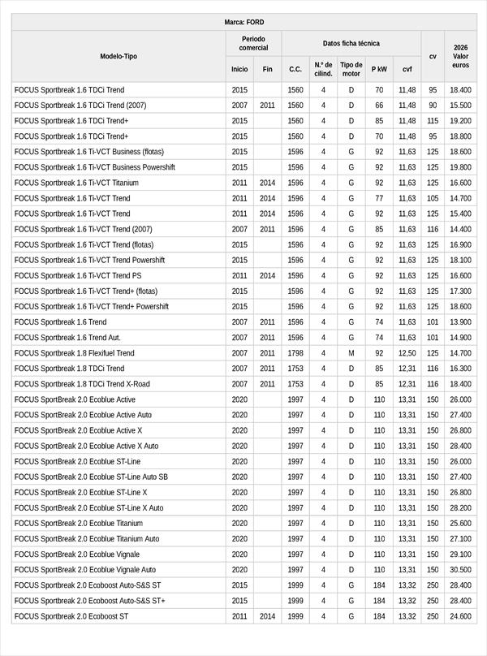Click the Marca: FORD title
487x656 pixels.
tap(243, 22)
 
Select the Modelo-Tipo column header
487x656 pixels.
tap(119, 57)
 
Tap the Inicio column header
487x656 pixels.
tap(239, 70)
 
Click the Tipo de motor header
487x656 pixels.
tap(351, 69)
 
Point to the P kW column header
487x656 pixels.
tap(379, 70)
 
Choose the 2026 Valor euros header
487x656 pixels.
tap(460, 57)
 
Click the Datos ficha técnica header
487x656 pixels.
tap(351, 43)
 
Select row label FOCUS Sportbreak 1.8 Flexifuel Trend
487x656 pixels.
tap(75, 353)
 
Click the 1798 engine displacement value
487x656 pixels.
tap(295, 353)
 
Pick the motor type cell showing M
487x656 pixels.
tap(351, 353)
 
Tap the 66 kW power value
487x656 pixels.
tap(379, 106)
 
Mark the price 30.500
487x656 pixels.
tap(460, 570)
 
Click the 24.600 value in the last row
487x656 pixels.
tap(460, 616)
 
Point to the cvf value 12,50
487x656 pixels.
tap(407, 353)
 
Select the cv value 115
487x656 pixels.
tap(433, 121)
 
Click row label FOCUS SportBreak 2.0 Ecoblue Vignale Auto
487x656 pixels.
tap(85, 570)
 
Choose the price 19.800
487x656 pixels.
tap(460, 167)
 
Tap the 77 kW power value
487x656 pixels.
tap(379, 198)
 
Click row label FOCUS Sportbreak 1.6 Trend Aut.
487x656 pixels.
tap(63, 338)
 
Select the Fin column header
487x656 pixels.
tap(267, 70)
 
